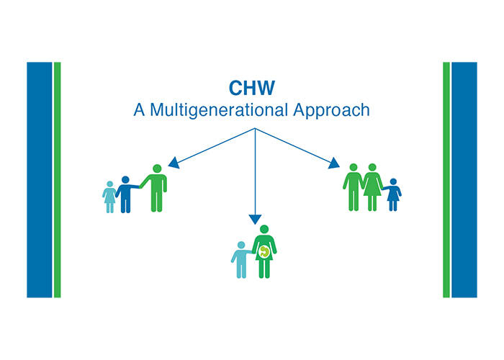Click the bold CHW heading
252,88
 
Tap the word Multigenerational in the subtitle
219,110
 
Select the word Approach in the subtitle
331,111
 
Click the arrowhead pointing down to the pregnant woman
255,220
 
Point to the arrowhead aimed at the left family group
174,163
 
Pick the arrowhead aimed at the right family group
334,163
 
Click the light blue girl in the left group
109,197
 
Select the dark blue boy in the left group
126,194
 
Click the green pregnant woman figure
264,252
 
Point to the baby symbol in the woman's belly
264,252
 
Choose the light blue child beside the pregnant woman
241,260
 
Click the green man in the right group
354,187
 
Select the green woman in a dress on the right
372,187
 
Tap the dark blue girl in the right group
393,195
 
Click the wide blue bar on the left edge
39,180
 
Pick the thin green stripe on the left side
57,180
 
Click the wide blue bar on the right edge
464,180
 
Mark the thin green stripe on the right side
446,180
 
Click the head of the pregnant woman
264,229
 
